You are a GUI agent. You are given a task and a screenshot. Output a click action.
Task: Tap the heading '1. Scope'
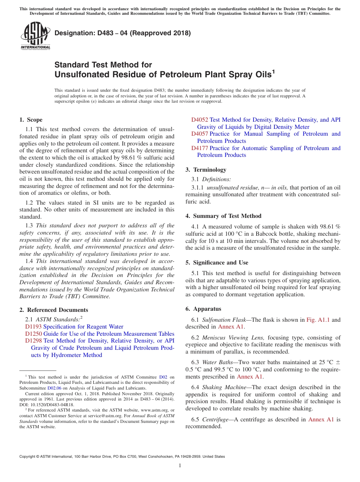pos(31,120)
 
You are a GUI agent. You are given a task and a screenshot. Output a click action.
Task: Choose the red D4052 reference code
pos(199,120)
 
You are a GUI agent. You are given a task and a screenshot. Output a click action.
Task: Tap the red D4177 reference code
pos(199,148)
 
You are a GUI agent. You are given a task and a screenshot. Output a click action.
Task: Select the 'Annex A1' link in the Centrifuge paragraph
pos(321,419)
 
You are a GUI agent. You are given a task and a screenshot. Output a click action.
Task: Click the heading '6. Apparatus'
pos(203,309)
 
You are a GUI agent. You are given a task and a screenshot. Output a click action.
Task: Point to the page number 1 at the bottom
pos(180,466)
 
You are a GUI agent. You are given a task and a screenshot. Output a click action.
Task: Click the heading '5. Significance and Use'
pos(217,263)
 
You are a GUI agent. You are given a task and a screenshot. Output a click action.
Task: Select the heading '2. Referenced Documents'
pos(54,310)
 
